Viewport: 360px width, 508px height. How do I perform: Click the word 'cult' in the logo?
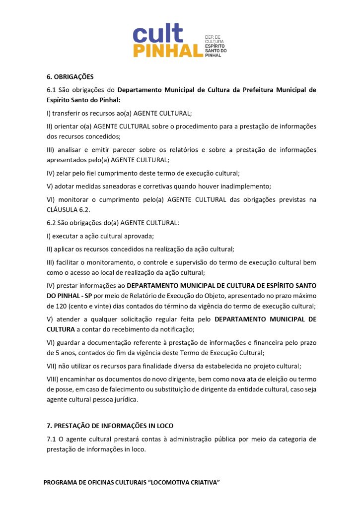pos(157,34)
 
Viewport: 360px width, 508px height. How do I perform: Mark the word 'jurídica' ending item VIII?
pos(126,399)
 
